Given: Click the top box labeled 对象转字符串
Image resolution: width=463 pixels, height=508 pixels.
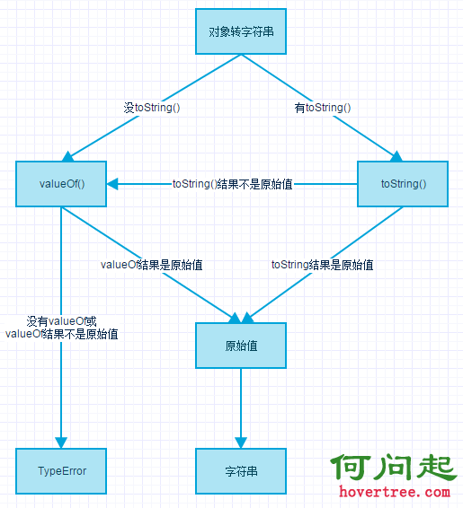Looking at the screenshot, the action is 241,31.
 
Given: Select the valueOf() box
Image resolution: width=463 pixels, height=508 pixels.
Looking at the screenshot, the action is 61,184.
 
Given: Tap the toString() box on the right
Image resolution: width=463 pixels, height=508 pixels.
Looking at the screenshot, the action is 403,184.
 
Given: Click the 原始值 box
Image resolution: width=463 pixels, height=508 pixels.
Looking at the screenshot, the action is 241,346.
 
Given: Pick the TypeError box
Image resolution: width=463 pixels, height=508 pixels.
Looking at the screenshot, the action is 61,471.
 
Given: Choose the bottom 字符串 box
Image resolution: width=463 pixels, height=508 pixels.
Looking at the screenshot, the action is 241,471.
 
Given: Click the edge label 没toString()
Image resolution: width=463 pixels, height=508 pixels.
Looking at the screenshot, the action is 152,108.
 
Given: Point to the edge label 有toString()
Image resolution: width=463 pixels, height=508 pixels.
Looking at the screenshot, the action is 323,108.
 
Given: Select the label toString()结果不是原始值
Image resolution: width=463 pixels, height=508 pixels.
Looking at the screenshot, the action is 232,184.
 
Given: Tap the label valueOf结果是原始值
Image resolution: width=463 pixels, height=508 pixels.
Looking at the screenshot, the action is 152,265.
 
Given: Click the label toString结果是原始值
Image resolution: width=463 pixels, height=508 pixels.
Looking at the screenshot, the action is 322,265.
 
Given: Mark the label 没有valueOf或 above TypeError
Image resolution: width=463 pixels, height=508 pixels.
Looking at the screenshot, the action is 61,321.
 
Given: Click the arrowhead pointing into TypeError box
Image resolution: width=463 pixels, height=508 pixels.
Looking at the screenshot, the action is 61,442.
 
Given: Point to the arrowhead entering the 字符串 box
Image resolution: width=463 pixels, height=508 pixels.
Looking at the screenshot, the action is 241,442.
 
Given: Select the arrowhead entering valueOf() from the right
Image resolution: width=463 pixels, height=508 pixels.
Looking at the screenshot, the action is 112,184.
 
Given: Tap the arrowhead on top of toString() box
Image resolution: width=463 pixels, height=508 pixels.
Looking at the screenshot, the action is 396,156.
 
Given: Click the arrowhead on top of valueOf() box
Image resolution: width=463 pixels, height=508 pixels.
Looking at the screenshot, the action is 67,156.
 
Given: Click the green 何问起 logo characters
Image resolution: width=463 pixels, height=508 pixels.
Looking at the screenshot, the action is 394,467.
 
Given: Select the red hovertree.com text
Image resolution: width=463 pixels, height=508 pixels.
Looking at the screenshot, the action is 395,492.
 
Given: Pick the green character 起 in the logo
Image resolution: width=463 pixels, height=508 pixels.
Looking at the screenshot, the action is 436,467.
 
